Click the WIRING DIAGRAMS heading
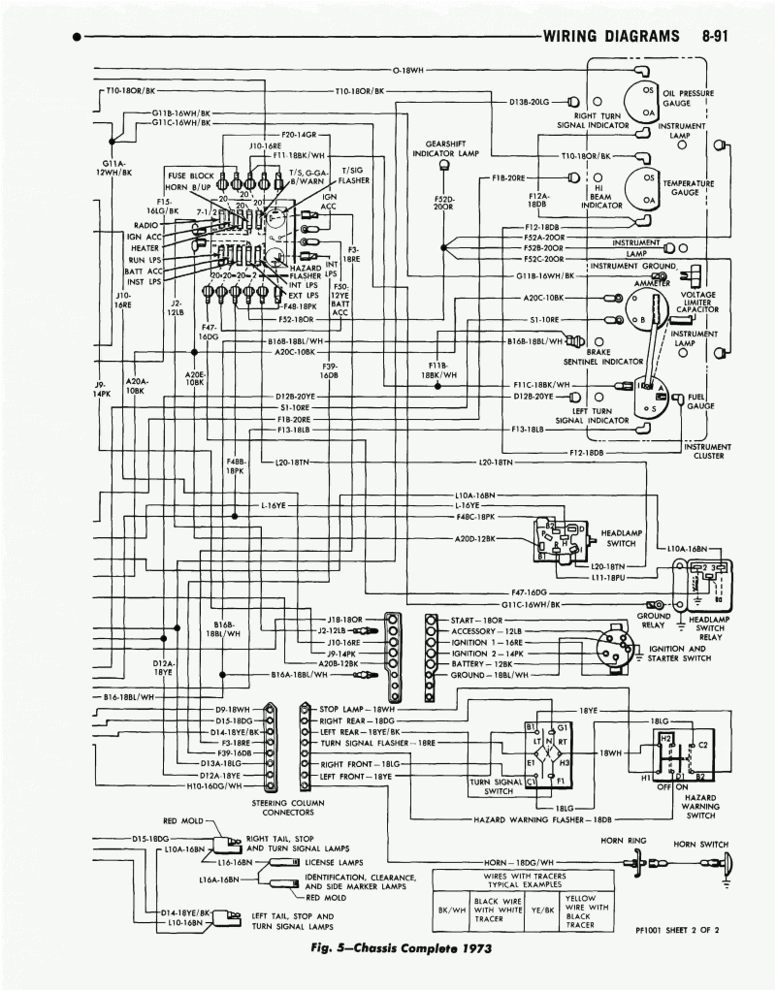[611, 37]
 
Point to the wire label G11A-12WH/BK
[115, 168]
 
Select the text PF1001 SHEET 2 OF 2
[677, 929]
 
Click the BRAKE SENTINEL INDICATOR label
[596, 357]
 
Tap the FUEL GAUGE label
[700, 402]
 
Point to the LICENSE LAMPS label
[334, 860]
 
